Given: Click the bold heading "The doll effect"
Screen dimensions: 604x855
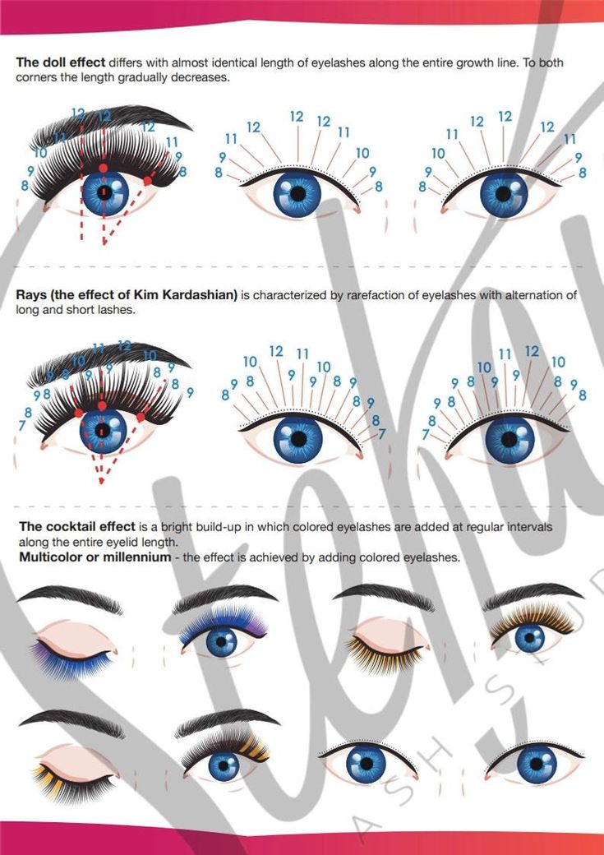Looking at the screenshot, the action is tap(61, 62).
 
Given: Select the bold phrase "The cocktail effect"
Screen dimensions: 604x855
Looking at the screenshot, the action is tap(77, 527).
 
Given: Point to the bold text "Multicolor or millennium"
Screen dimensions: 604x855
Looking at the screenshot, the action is tap(95, 557).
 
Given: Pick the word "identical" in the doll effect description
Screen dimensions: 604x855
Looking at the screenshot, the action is tap(233, 62).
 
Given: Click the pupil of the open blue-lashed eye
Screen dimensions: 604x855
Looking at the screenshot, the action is tap(221, 642).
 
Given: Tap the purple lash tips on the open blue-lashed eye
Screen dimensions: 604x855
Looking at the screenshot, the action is tap(256, 628).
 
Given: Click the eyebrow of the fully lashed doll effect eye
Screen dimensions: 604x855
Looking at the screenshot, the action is tap(109, 122).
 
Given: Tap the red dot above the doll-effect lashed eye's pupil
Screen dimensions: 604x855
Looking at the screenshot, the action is tap(103, 168).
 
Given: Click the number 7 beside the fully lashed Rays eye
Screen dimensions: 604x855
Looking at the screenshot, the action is tap(22, 425).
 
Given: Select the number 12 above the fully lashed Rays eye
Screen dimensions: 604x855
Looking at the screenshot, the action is tap(124, 346).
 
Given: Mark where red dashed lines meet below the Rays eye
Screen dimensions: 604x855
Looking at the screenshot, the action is tap(101, 481).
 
